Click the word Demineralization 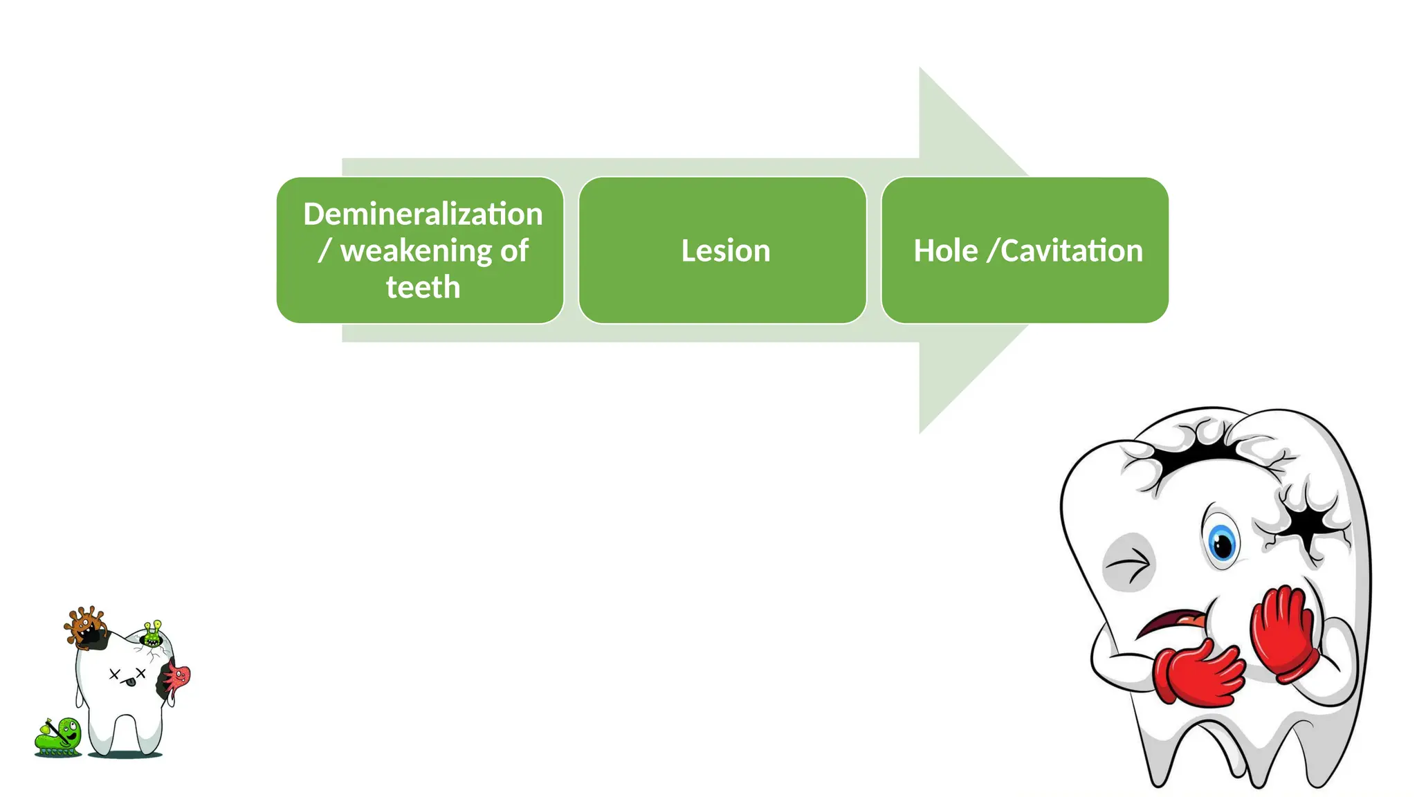(x=423, y=214)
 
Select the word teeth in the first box (x=423, y=287)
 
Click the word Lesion (x=725, y=250)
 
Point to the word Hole (x=945, y=250)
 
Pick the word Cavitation (x=1072, y=250)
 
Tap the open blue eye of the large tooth (x=1222, y=542)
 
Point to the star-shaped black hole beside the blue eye (x=1304, y=526)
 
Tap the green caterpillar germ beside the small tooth (x=59, y=737)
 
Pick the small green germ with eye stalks (x=153, y=634)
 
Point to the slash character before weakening (x=324, y=251)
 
